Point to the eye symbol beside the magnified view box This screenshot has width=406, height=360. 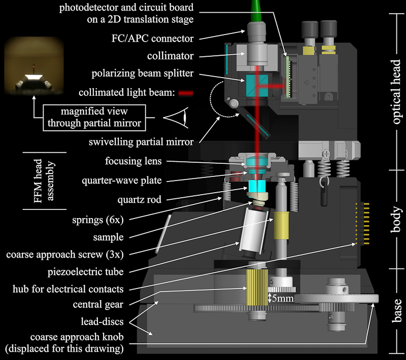pyautogui.click(x=176, y=118)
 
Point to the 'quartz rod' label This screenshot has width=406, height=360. pyautogui.click(x=142, y=200)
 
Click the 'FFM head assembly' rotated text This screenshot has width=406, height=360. pyautogui.click(x=45, y=181)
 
